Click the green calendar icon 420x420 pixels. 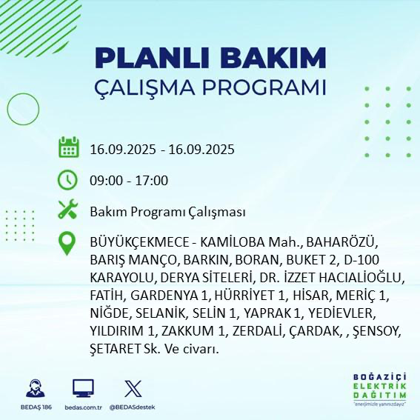coord(69,147)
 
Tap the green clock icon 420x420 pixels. coord(69,179)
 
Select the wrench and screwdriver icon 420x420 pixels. coord(69,210)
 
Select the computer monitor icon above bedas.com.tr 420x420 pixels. coord(83,388)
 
